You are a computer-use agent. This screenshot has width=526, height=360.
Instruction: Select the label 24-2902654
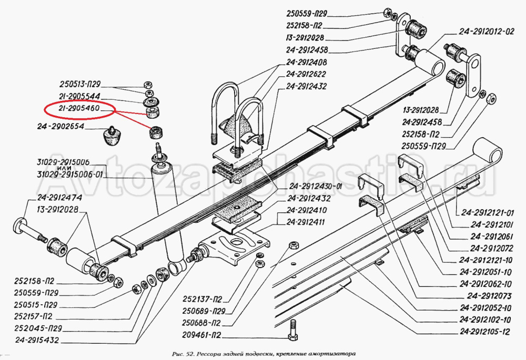60,127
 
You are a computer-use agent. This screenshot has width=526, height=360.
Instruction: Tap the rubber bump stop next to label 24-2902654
110,136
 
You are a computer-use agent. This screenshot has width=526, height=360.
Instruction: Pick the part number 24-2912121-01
488,213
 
